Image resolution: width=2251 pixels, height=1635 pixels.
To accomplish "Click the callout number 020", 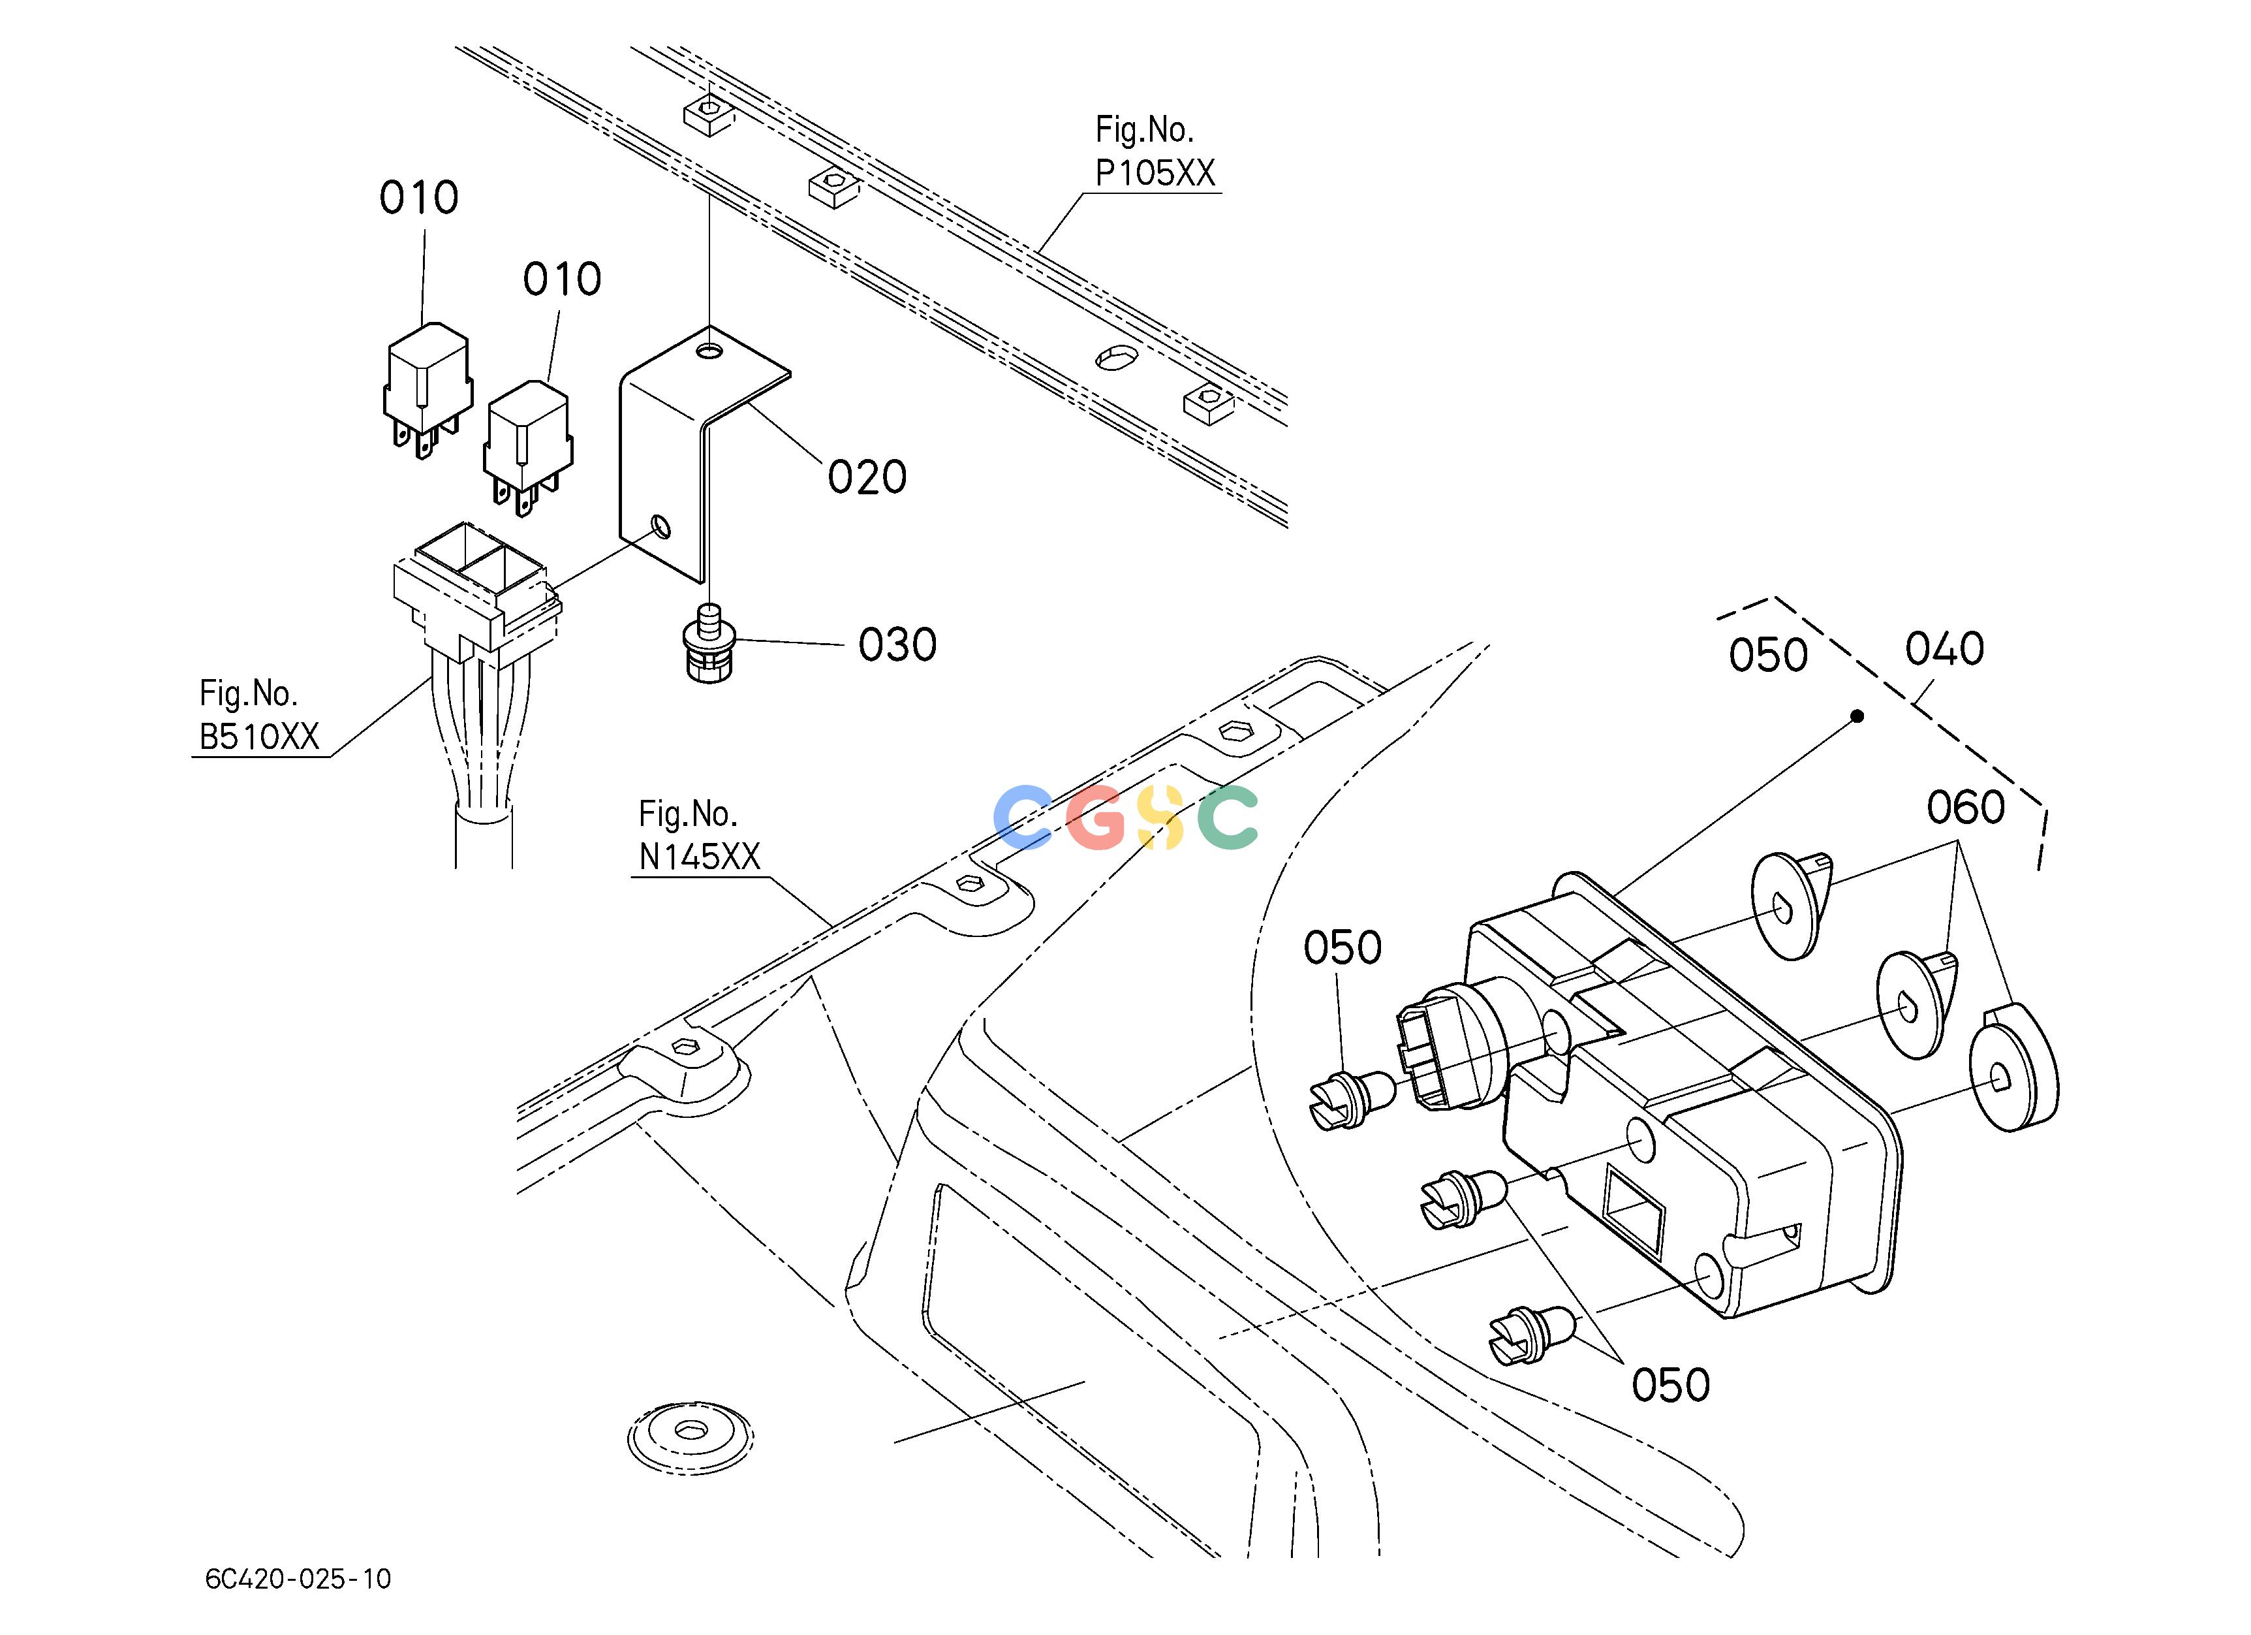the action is coord(867,477).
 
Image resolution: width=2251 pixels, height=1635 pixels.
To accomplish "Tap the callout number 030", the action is coord(897,645).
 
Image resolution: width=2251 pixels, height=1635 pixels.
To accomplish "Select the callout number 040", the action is coord(1944,649).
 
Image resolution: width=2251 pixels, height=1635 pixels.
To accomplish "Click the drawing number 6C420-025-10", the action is coord(298,1578).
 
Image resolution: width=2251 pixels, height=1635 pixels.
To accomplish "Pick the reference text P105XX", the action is coord(1155,174).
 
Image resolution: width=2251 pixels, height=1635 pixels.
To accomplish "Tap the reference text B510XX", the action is coord(260,737).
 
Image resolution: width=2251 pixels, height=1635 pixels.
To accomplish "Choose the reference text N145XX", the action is coord(699,857).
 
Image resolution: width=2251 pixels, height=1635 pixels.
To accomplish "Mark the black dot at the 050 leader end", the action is coord(1857,716).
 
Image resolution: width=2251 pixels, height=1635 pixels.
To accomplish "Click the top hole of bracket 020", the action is coord(709,351).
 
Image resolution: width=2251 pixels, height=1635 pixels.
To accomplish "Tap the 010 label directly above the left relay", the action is coord(419,198).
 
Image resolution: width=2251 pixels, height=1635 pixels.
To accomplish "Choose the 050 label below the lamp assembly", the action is coord(1670,1385).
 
